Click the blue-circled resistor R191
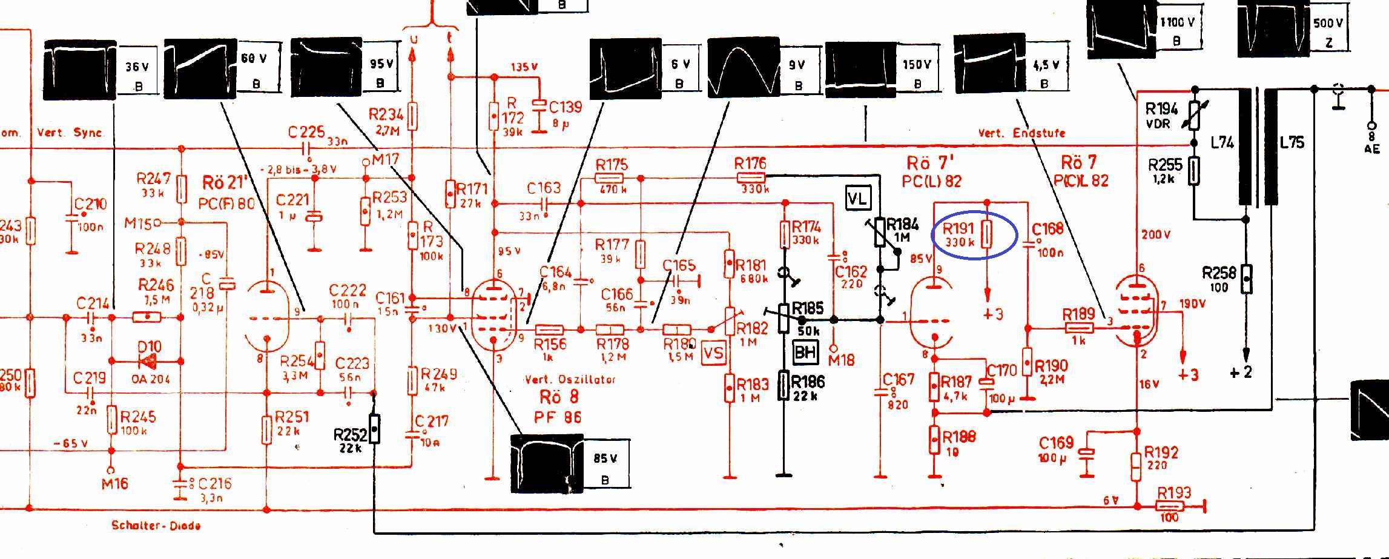point(986,235)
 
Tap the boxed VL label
point(857,198)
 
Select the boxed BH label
point(805,351)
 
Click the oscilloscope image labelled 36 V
point(80,68)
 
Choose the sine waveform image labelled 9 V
point(744,67)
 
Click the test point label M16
point(114,483)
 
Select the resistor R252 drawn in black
point(375,429)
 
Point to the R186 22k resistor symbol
point(784,386)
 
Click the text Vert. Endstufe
point(1021,133)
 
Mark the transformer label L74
point(1222,143)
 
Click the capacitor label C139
point(565,107)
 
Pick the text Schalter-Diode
point(156,525)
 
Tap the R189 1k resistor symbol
point(1078,328)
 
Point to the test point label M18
point(841,360)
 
